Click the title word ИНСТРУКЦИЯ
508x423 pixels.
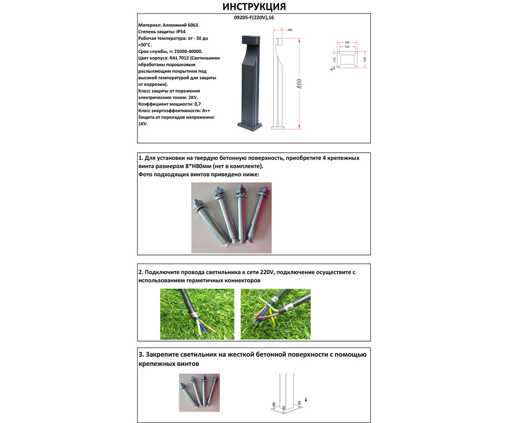click(x=254, y=7)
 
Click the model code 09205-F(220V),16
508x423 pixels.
click(x=254, y=18)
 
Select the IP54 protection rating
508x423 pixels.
click(x=181, y=32)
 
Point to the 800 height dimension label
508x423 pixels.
click(x=299, y=84)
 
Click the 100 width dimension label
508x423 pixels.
click(x=290, y=30)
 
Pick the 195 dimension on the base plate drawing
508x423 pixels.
click(x=347, y=42)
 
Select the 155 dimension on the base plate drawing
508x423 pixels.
click(x=347, y=47)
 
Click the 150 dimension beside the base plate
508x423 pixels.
click(x=365, y=60)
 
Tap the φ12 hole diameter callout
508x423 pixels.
click(x=332, y=69)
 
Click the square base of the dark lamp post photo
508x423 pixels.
click(x=249, y=127)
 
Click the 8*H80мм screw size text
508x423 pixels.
click(x=198, y=166)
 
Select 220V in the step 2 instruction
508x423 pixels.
click(x=267, y=272)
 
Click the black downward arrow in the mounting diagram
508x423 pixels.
click(x=306, y=400)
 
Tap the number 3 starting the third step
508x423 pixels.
click(x=141, y=354)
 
